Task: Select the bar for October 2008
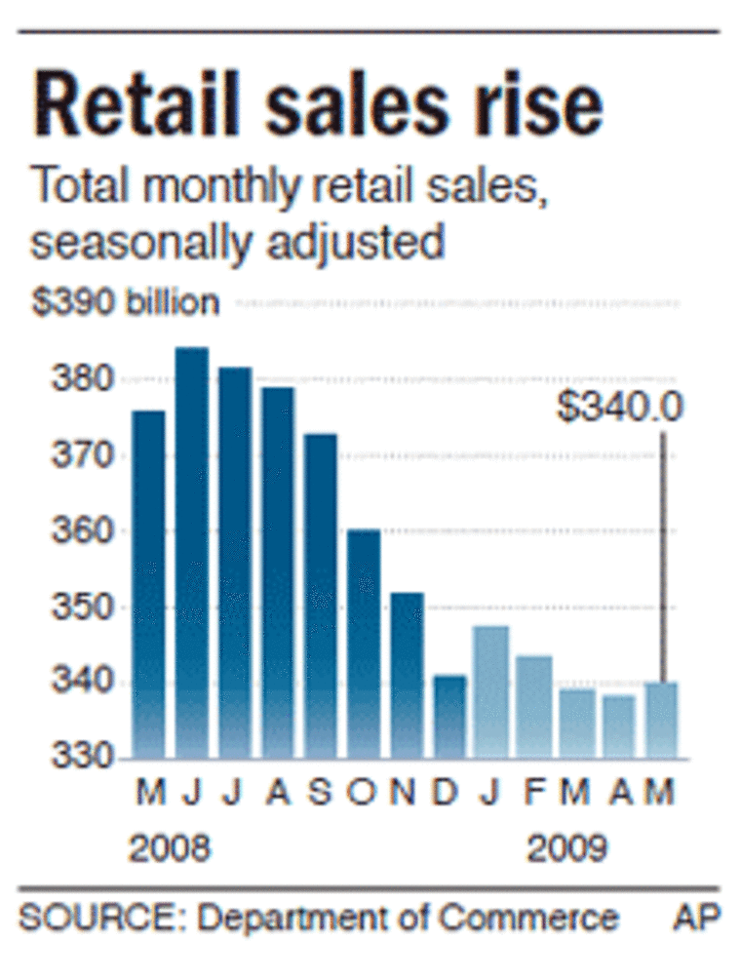364,644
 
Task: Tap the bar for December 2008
449,717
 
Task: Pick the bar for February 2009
534,707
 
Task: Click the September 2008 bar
321,595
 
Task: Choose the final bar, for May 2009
661,720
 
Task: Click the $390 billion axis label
125,303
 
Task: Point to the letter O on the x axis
363,792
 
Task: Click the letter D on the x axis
447,792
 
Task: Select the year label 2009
567,848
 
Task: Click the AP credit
695,918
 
